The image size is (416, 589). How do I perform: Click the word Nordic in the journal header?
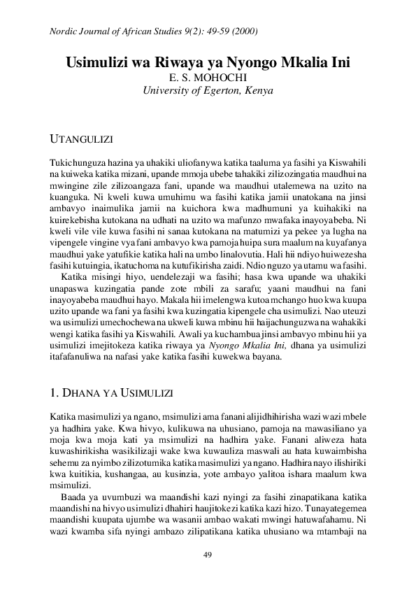[x=65, y=32]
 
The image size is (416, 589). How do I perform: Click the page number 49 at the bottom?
[x=207, y=555]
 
